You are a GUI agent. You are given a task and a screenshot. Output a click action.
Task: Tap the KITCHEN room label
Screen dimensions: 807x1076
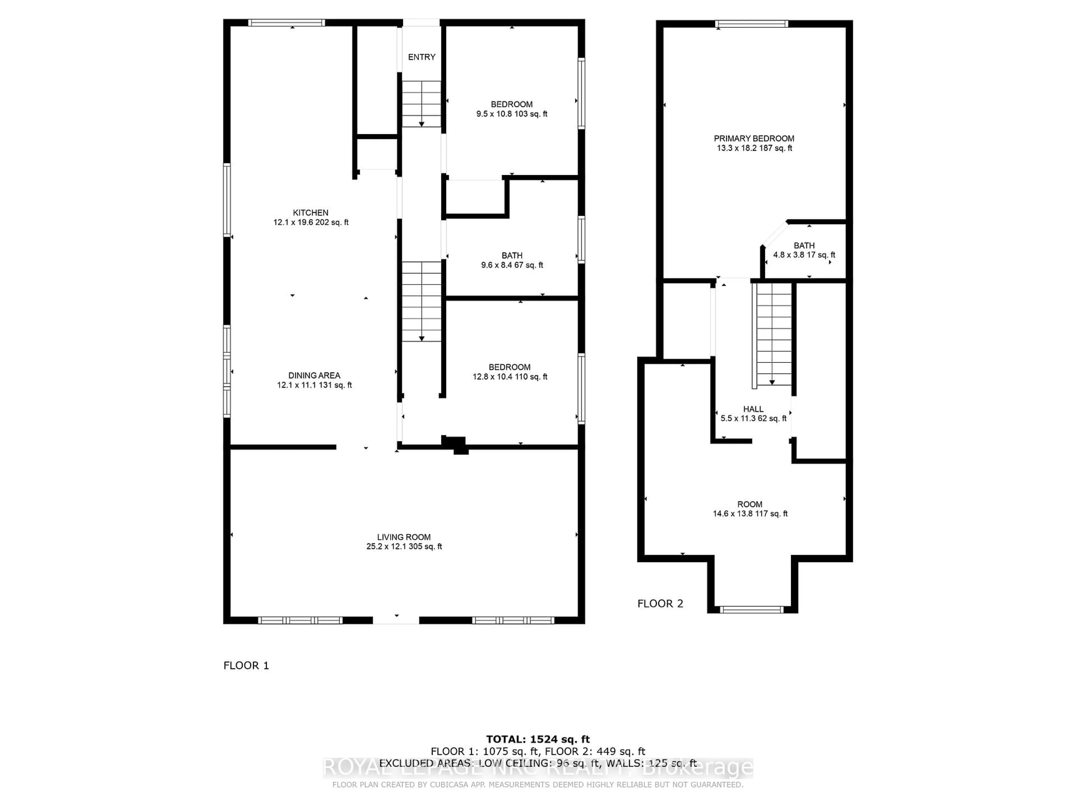(310, 213)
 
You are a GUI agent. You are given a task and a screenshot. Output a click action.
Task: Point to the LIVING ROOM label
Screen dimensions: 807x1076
(404, 537)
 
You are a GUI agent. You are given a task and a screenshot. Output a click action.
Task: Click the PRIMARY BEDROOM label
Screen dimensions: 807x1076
(754, 139)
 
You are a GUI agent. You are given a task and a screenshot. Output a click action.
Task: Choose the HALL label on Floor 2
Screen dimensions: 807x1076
(753, 409)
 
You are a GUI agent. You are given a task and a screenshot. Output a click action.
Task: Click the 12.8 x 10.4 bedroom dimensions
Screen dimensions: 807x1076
(510, 377)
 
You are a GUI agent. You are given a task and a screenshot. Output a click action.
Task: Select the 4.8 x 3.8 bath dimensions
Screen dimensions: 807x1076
(804, 255)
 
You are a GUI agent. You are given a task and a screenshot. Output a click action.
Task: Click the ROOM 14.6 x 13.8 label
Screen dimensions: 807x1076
(750, 509)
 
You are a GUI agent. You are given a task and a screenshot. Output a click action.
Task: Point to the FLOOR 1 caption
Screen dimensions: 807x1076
(246, 665)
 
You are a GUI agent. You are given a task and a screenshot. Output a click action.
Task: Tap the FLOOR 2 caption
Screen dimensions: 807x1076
(660, 604)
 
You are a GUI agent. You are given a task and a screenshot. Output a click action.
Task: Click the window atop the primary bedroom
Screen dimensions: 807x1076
(752, 23)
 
